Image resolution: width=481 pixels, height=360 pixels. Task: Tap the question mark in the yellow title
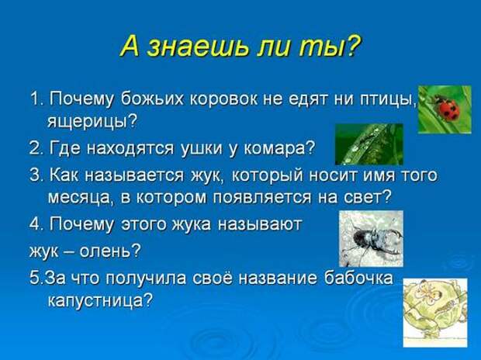point(352,46)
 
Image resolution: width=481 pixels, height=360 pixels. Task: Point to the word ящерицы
point(91,122)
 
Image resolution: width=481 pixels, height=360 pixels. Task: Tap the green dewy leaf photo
point(369,144)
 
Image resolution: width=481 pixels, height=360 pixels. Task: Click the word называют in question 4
point(260,224)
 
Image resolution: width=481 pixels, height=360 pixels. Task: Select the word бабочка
point(358,277)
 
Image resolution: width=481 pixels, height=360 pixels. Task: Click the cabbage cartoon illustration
point(435,313)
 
